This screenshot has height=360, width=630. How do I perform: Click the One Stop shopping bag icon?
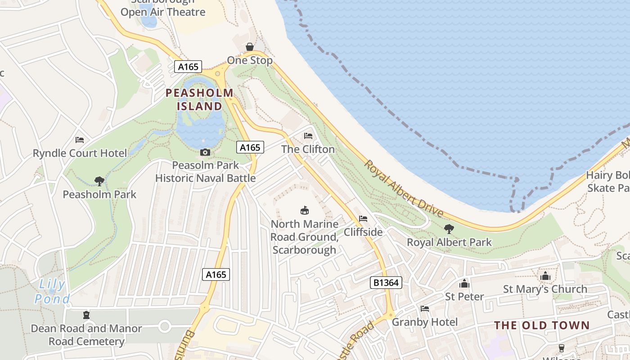[x=250, y=47]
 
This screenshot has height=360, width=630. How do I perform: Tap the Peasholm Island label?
[x=200, y=99]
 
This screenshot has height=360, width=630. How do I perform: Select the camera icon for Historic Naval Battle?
[x=205, y=153]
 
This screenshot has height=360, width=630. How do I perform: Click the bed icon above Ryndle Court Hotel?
[x=80, y=140]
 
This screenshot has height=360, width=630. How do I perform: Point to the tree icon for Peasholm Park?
[x=99, y=181]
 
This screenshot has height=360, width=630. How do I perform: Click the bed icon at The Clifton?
[x=308, y=135]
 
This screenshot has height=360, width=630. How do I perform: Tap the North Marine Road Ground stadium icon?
[x=305, y=210]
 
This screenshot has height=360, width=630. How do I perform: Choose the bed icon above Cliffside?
[x=363, y=219]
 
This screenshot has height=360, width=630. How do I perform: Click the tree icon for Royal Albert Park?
[x=449, y=229]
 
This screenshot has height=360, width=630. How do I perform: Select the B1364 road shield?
[x=386, y=283]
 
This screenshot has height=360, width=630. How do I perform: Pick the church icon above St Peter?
[x=464, y=283]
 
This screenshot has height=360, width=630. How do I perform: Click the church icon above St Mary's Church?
[x=545, y=275]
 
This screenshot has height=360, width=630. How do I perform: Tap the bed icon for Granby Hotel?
[x=424, y=309]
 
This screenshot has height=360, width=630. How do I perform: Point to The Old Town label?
[x=542, y=325]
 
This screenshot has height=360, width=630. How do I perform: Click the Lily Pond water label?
[x=52, y=292]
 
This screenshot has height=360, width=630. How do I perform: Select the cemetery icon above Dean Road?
[x=86, y=315]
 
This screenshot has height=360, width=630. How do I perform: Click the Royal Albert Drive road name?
[x=404, y=189]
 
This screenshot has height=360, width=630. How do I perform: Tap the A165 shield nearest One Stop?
[x=188, y=67]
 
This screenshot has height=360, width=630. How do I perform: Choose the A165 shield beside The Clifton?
[x=250, y=147]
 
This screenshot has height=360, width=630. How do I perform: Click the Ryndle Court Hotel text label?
[x=80, y=153]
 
